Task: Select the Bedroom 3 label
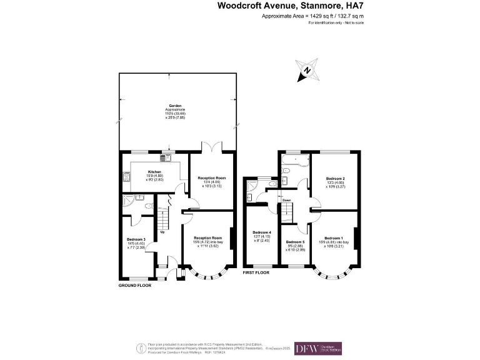coord(136,239)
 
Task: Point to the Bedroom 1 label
coord(334,237)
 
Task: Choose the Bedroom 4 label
coord(261,232)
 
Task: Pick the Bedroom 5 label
coord(296,242)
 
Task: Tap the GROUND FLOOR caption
coord(135,285)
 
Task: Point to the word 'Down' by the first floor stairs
coord(286,201)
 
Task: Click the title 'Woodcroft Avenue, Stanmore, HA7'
coord(290,6)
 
